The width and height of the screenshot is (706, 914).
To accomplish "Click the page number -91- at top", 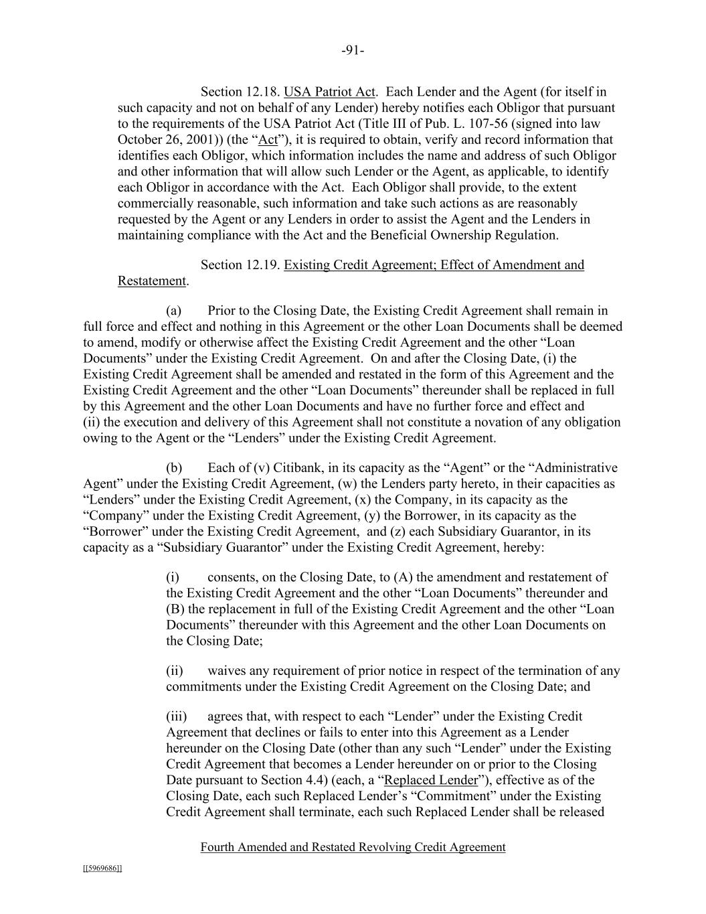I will tap(353, 50).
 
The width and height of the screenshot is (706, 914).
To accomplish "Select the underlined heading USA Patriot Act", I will tap(329, 92).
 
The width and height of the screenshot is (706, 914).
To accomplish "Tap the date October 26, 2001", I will tap(166, 140).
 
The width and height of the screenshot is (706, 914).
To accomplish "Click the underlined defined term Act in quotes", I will tap(268, 140).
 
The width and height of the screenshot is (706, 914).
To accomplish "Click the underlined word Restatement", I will tap(152, 281).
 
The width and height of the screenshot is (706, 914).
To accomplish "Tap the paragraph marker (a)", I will tap(174, 311).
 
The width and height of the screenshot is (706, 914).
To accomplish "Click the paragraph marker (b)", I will tap(174, 467).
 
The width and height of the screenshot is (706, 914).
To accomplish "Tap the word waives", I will tap(227, 671).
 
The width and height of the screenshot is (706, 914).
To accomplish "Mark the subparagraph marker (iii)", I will tap(176, 716).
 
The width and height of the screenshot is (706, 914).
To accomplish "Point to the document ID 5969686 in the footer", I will tap(102, 868).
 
